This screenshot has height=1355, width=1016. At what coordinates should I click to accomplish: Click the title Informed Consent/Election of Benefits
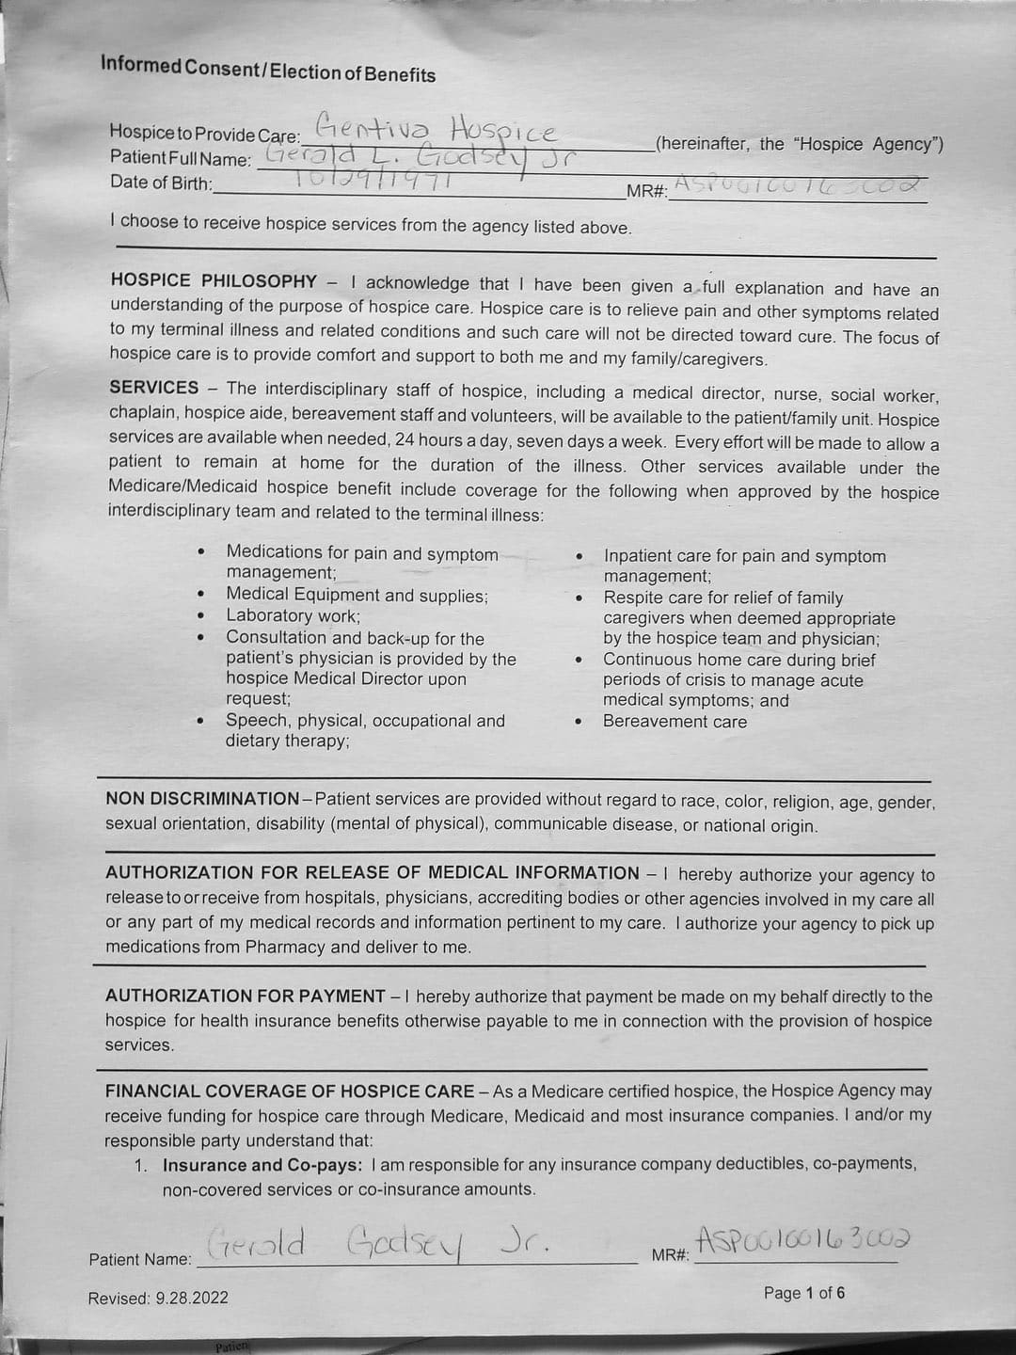268,69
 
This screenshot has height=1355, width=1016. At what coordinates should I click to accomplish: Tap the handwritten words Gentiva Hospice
436,127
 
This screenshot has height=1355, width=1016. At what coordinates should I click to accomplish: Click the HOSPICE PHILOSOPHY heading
214,280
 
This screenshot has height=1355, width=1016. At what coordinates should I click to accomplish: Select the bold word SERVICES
154,387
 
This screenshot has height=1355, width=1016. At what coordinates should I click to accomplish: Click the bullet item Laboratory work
293,616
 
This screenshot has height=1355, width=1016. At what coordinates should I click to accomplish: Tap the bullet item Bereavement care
675,722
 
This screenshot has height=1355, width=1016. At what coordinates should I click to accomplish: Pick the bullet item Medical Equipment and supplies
357,596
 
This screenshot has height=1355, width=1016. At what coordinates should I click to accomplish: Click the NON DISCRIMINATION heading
202,799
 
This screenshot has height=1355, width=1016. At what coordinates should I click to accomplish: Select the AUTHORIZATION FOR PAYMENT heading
246,996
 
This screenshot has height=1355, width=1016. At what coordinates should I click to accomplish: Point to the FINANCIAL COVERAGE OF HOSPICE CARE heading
290,1091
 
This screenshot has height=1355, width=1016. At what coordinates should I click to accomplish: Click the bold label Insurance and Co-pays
262,1165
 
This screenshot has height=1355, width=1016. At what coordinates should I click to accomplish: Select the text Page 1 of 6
803,1293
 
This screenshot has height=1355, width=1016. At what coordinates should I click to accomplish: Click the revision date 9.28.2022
192,1299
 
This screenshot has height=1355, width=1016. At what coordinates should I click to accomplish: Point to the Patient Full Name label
181,158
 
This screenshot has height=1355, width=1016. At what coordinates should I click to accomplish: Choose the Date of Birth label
161,183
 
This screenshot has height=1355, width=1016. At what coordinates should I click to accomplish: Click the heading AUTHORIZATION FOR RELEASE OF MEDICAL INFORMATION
373,872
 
